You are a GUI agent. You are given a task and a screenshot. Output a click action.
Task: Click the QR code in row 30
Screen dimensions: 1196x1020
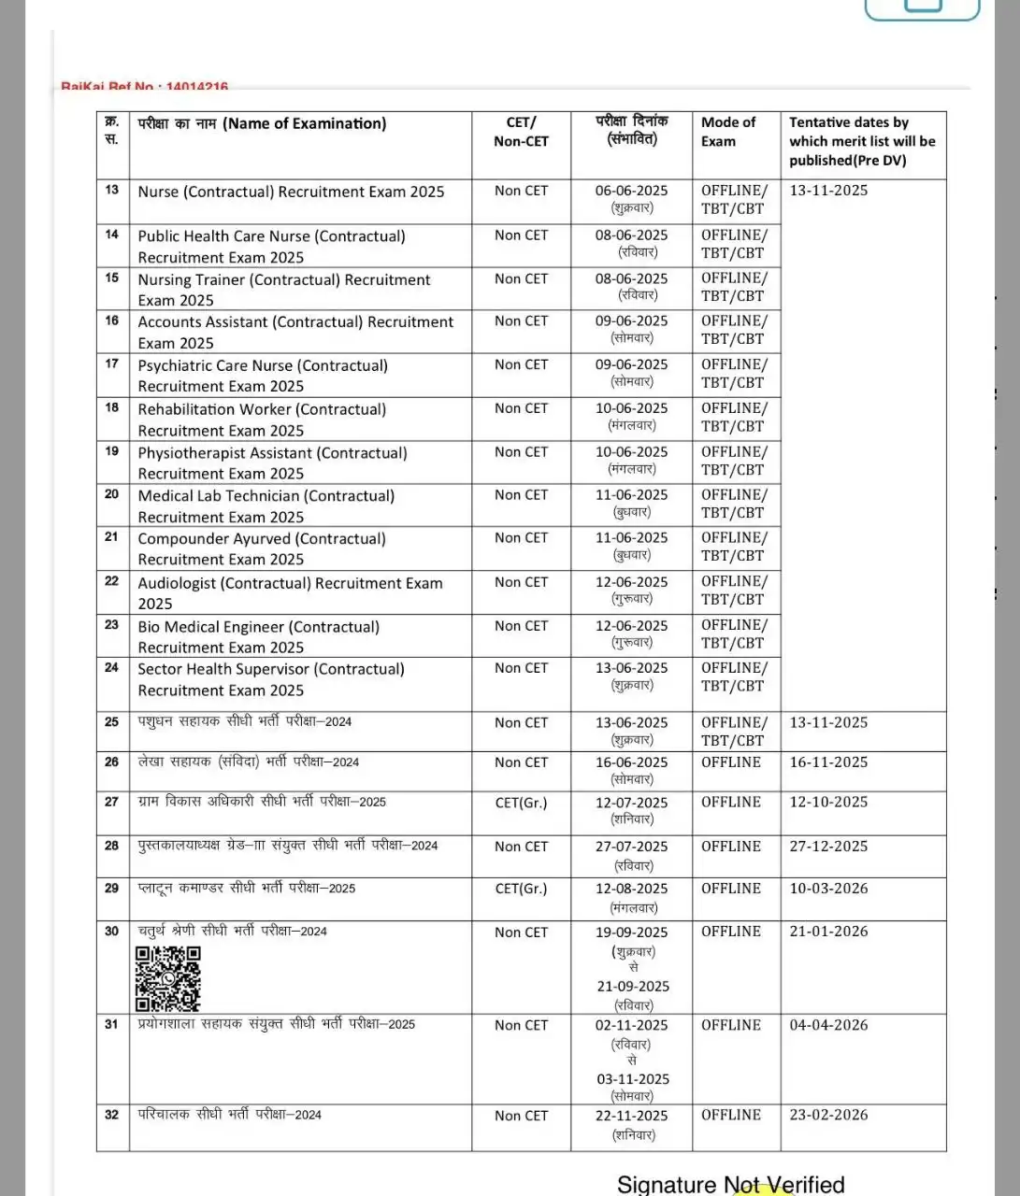168,978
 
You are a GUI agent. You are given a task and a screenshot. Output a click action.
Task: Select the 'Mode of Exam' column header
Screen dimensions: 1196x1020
728,132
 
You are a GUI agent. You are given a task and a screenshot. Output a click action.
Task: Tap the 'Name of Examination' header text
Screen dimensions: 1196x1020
262,123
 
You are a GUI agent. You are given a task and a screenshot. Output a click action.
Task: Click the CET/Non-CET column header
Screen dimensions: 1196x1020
521,132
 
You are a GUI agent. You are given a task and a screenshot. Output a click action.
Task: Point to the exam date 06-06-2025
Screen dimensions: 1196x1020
631,191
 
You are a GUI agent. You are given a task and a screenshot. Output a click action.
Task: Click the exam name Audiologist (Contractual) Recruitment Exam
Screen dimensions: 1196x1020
290,592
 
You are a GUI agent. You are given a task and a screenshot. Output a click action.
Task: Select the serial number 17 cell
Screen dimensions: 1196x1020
112,364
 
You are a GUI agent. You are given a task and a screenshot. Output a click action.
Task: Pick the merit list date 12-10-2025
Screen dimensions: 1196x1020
828,802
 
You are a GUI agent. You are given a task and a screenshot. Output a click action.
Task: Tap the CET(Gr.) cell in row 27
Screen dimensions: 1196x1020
521,803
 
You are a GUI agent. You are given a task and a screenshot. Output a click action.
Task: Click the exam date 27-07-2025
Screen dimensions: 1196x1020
631,847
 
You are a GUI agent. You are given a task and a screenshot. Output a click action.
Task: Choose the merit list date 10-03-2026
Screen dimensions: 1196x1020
828,889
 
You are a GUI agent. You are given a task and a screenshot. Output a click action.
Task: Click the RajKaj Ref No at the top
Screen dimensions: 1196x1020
145,87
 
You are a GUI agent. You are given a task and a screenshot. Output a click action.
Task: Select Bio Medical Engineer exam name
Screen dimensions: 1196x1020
259,636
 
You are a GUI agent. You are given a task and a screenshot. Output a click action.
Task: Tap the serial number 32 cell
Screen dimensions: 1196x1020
112,1115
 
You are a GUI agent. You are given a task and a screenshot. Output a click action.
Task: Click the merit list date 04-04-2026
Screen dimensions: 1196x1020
828,1025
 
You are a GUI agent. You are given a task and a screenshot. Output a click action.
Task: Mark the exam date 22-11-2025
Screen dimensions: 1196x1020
631,1116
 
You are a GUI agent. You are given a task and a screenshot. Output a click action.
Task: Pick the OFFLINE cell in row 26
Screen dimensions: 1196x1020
731,762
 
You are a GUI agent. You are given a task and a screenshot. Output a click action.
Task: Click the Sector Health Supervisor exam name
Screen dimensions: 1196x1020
271,679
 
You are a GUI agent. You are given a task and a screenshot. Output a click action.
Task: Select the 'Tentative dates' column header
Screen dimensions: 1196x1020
861,141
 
